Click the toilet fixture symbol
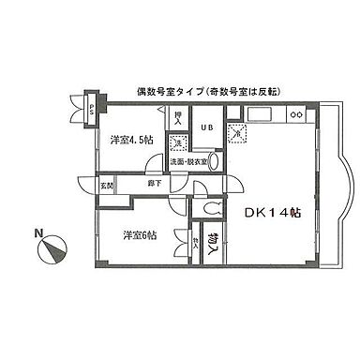tap(212, 209)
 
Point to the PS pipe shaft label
tap(92, 108)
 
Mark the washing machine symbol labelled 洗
tap(177, 142)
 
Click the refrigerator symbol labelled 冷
tap(237, 134)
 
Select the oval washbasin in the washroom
tap(214, 161)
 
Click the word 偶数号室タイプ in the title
tap(173, 91)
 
